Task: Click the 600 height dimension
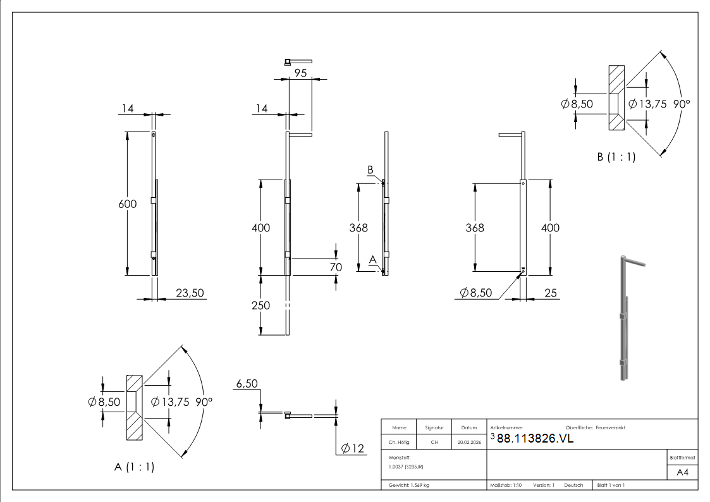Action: point(127,204)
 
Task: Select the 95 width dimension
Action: point(300,73)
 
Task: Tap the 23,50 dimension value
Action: point(190,293)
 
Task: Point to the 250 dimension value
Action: point(261,305)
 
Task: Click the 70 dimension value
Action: point(336,267)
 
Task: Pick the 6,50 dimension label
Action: point(247,384)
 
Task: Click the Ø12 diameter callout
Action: point(352,449)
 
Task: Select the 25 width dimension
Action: point(551,293)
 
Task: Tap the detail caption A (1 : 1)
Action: point(135,467)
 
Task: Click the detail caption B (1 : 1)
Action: point(616,157)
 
